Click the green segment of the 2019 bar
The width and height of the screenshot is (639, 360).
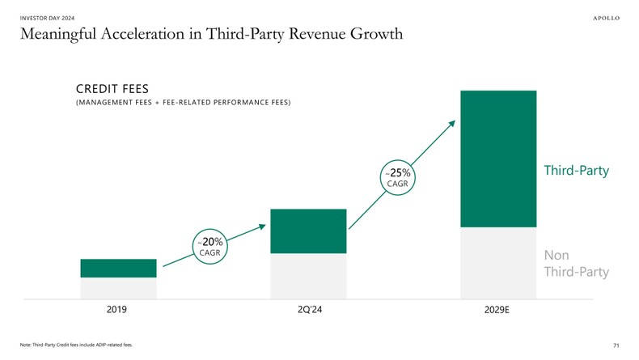coord(118,268)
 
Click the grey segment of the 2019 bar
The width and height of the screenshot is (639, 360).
coord(118,288)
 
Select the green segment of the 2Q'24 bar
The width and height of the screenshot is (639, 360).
coord(308,231)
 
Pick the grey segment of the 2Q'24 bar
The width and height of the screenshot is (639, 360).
coord(308,276)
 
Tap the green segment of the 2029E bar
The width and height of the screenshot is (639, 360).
coord(498,159)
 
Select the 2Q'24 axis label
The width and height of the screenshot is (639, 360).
coord(309,310)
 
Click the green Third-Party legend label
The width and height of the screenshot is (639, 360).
coord(575,171)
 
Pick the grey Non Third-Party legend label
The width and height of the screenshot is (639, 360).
coord(575,263)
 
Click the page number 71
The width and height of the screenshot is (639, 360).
coord(616,345)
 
